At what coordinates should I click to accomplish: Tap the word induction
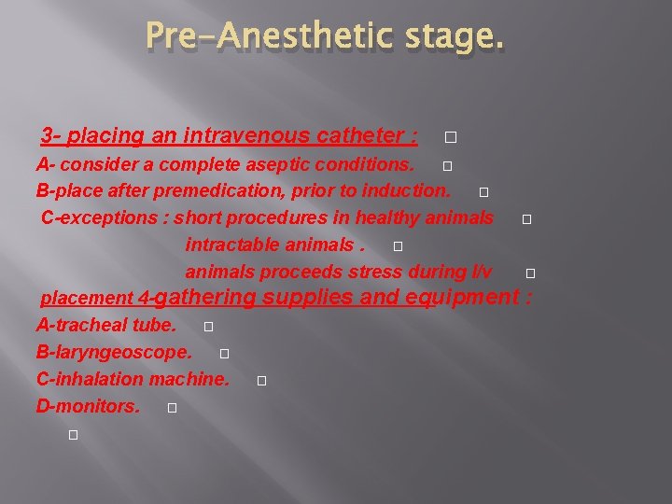coord(410,191)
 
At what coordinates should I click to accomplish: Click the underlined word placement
coord(87,299)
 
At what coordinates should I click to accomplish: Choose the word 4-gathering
coord(197,298)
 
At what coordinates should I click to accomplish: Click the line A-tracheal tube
coord(105,326)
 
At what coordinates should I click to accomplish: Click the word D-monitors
coord(88,407)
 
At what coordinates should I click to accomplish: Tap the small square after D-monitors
coord(173,409)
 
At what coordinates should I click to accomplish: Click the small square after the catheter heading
coord(450,138)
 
